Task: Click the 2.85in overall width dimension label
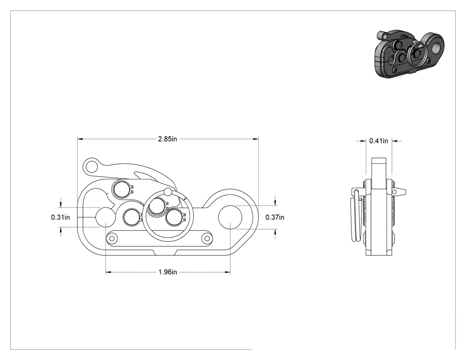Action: click(168, 139)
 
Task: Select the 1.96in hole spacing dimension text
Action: click(168, 272)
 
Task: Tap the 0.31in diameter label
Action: click(60, 218)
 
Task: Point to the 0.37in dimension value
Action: click(275, 218)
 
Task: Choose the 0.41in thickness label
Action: click(379, 141)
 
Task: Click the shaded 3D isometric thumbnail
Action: click(409, 54)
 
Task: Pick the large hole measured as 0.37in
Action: click(230, 218)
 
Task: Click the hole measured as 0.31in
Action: click(106, 218)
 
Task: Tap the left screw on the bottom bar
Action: click(112, 238)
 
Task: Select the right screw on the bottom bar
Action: click(206, 238)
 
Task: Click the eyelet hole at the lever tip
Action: click(92, 166)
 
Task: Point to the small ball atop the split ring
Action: click(168, 192)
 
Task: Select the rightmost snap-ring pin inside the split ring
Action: click(175, 218)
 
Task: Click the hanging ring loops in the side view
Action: click(356, 217)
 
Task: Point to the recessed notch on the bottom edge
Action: click(165, 253)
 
